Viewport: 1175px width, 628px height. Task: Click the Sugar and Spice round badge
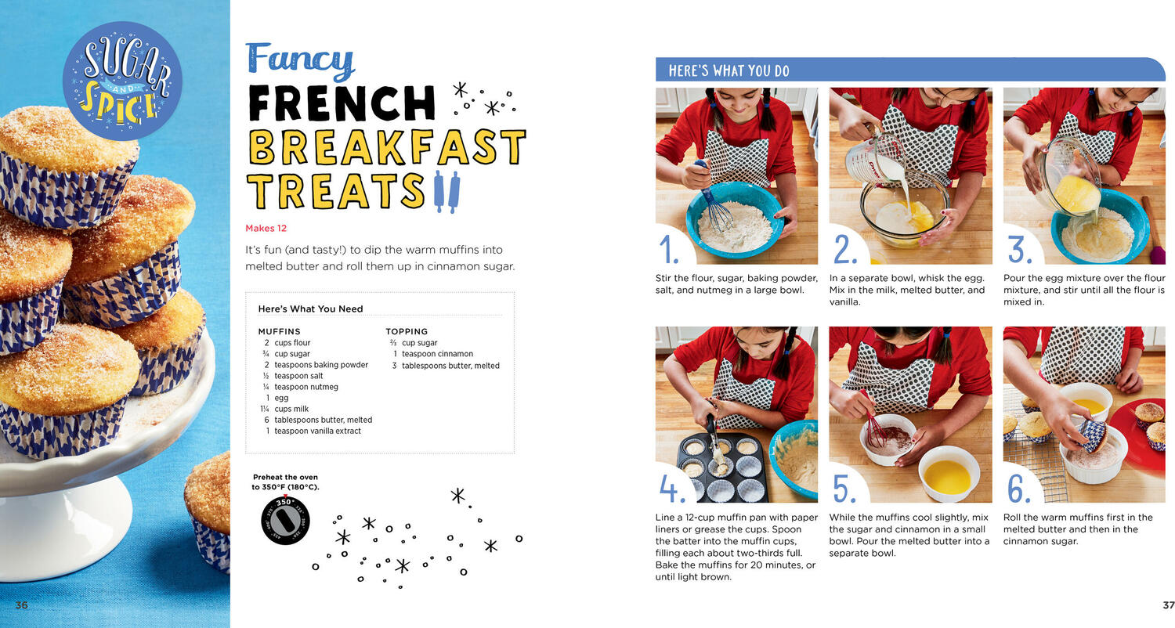[122, 81]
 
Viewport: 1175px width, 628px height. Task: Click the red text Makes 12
[266, 228]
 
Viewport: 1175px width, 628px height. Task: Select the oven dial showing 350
[285, 521]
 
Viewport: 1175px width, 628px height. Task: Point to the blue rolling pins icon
[447, 191]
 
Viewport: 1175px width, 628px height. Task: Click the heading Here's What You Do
[728, 70]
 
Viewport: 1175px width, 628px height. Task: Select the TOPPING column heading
[407, 331]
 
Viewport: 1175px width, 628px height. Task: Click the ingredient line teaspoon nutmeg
[301, 387]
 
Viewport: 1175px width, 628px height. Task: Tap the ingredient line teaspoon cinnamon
[432, 354]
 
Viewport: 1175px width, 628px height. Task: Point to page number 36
[21, 605]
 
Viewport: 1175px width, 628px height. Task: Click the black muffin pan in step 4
[722, 467]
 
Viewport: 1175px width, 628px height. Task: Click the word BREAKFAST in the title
[387, 147]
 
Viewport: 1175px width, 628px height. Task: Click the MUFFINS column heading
[279, 331]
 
